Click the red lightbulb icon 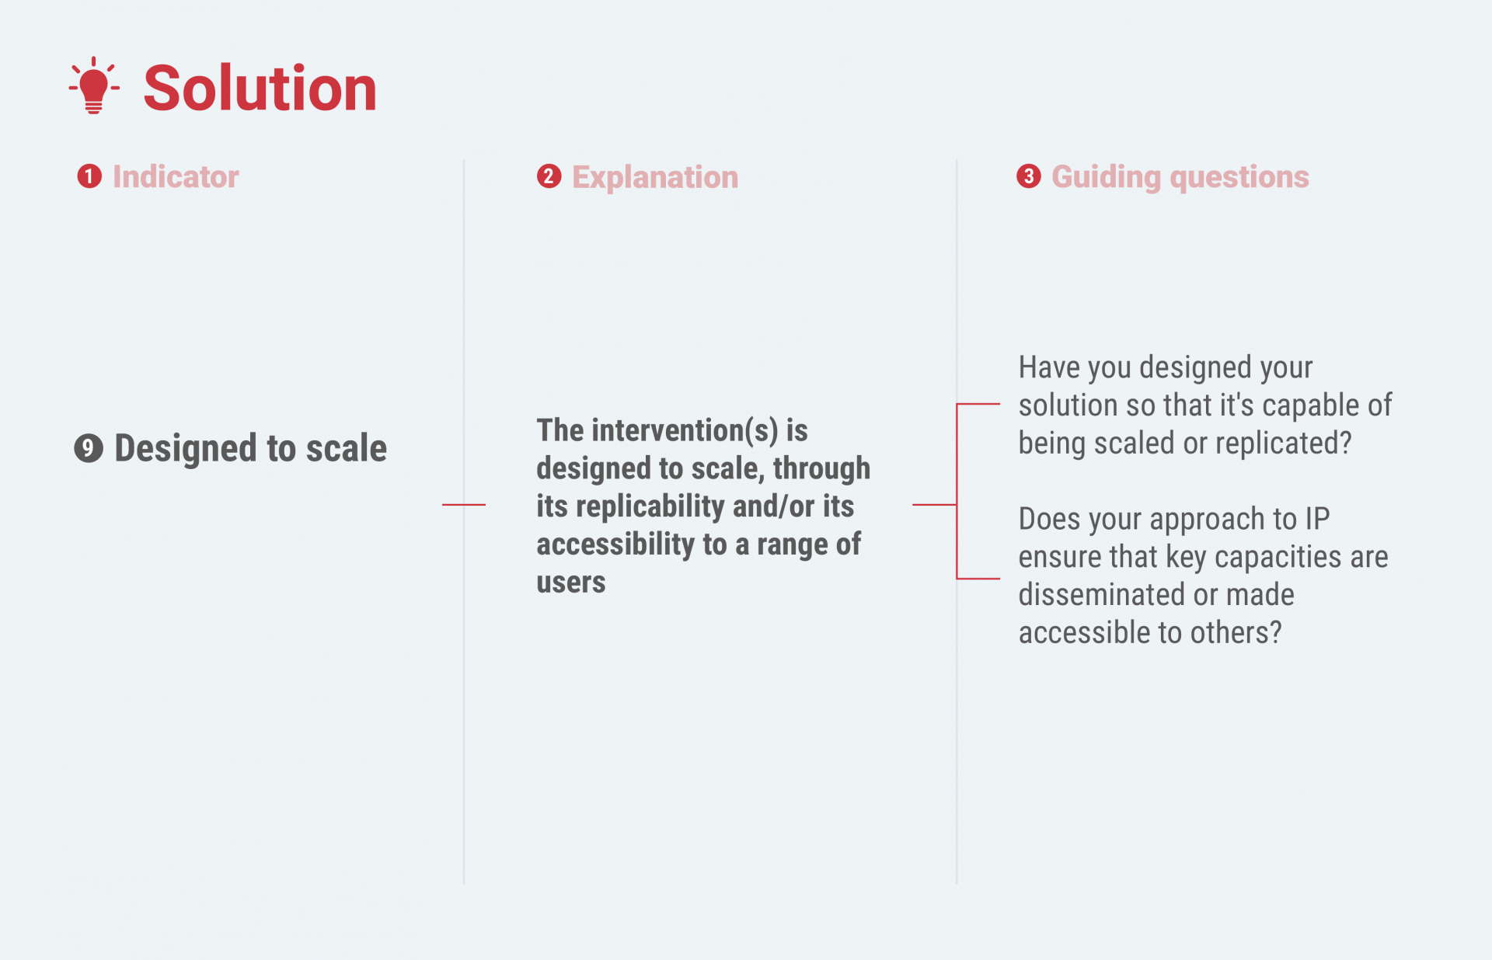[x=94, y=85]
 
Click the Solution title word [x=260, y=89]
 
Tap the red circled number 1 [x=89, y=176]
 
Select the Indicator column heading [x=176, y=177]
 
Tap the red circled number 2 [x=549, y=176]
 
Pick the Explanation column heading [x=655, y=178]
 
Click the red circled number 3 [x=1029, y=176]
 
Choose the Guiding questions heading [x=1180, y=178]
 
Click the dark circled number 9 [x=89, y=448]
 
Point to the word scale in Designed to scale [x=346, y=449]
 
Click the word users [x=571, y=583]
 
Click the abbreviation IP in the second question [x=1317, y=519]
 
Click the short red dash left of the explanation [x=464, y=505]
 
